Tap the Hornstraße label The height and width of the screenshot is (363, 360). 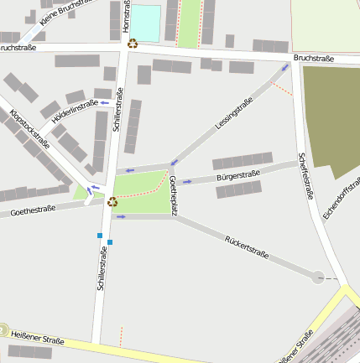point(126,18)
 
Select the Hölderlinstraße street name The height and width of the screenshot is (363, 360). point(75,112)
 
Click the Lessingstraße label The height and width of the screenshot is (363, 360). point(234,113)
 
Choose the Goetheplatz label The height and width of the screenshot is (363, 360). point(174,196)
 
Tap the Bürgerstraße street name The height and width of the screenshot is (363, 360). point(237,175)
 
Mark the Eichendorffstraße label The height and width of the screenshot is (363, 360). point(339,197)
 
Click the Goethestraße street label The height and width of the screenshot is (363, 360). point(34,210)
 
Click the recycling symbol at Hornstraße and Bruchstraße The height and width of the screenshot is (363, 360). point(133,44)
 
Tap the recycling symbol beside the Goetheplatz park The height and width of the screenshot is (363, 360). point(112,201)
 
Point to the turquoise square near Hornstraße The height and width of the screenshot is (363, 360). point(145,23)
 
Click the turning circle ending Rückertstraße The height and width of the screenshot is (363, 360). point(318,277)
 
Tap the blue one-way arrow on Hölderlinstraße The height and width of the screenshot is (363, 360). point(105,102)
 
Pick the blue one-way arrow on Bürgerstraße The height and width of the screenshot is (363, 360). point(188,180)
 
